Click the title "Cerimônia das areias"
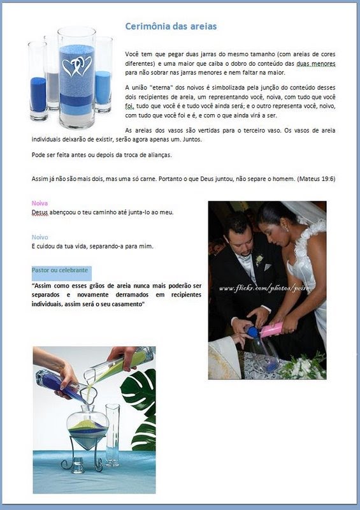(171, 26)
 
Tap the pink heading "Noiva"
(40, 203)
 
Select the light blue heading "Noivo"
(40, 237)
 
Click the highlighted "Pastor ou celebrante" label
(60, 270)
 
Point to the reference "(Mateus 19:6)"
(316, 178)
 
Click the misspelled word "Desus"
(40, 212)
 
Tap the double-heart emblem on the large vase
(76, 67)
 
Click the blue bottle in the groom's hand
(252, 331)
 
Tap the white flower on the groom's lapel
(259, 259)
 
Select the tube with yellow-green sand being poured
(119, 365)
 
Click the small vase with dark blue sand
(38, 82)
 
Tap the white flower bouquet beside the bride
(303, 367)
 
